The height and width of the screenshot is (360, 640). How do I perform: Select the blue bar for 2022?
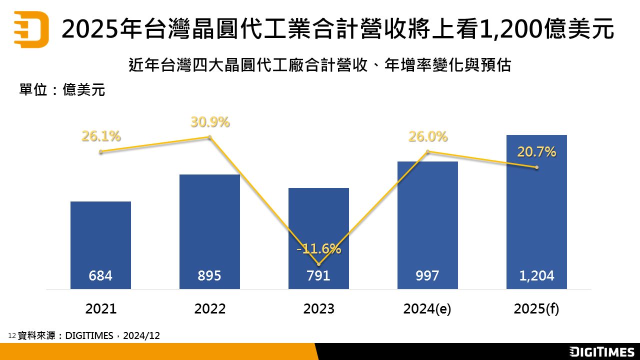(x=209, y=220)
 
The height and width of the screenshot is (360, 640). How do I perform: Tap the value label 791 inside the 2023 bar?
(x=318, y=275)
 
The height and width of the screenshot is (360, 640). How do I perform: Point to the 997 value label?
(x=427, y=275)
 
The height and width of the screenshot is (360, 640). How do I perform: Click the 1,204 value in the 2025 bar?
(x=536, y=275)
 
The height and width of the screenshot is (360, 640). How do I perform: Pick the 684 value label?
(x=100, y=275)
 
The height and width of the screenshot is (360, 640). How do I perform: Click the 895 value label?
(x=209, y=275)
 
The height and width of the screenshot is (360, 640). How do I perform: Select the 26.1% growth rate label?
(x=101, y=136)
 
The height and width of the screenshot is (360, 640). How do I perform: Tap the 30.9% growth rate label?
(x=210, y=121)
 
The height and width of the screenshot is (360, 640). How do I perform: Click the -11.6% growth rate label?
(x=318, y=248)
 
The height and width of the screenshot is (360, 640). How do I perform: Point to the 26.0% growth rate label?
(x=428, y=136)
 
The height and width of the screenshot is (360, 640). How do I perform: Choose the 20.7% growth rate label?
(x=536, y=152)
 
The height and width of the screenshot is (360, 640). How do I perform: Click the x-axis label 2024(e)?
(x=427, y=308)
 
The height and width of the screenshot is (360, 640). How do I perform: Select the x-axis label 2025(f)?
(x=536, y=308)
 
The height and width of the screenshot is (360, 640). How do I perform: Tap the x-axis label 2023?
(x=318, y=308)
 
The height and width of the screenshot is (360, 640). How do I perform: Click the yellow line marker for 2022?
(x=210, y=137)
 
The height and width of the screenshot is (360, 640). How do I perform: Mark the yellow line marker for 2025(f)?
(x=536, y=167)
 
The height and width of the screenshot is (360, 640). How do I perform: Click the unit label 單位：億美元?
(x=62, y=90)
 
